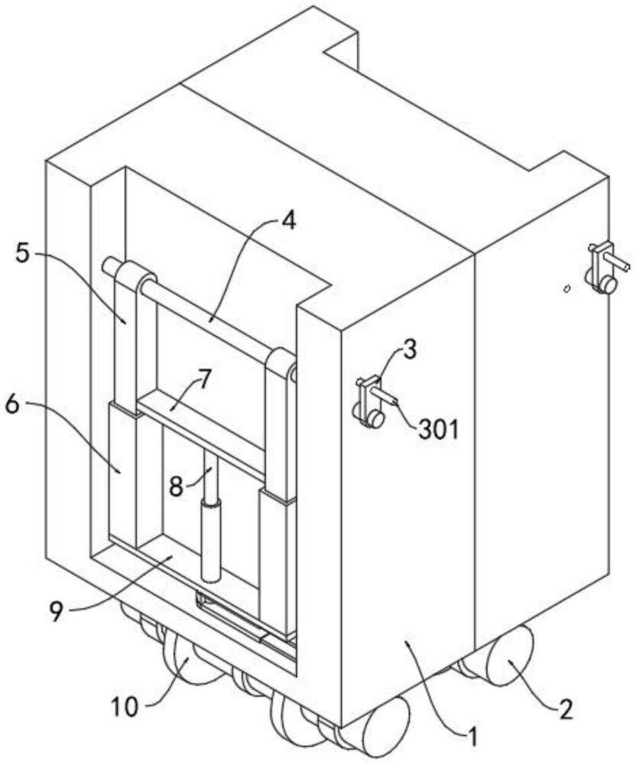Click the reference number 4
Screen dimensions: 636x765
(288, 222)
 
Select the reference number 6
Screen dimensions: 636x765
(14, 404)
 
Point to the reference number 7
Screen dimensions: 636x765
(203, 379)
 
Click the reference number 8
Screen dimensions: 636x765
(177, 486)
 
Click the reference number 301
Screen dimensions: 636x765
(439, 430)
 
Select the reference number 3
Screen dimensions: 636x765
(410, 350)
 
